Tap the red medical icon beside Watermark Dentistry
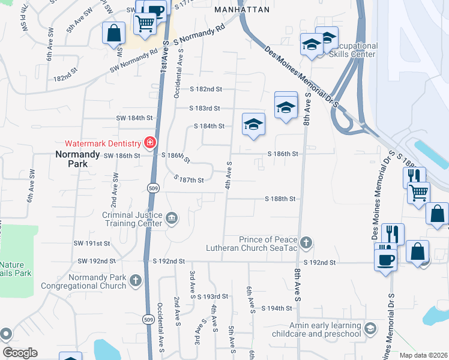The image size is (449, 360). click(149, 143)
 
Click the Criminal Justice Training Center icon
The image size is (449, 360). click(172, 217)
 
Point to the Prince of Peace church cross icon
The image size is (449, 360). click(306, 242)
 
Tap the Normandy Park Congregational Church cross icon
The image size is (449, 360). click(136, 280)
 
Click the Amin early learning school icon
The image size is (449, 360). click(370, 328)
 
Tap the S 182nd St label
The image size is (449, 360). click(206, 89)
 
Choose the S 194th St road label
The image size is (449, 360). click(277, 308)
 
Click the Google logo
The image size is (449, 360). click(20, 353)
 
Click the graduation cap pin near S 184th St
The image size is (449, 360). click(253, 124)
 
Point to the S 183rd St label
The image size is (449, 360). click(204, 109)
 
